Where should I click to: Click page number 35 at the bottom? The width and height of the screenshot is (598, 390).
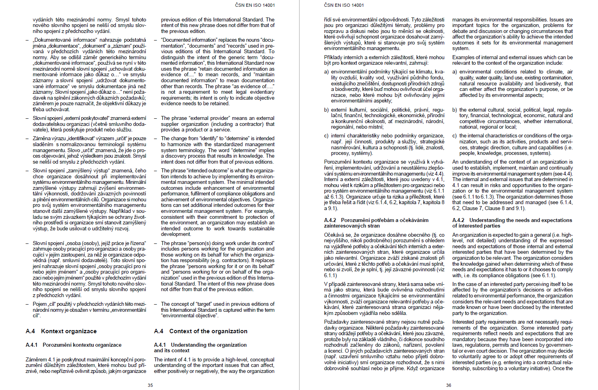[x=150, y=385]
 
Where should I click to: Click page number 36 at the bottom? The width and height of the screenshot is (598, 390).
[x=448, y=385]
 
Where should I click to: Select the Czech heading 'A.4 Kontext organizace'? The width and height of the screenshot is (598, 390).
[x=61, y=331]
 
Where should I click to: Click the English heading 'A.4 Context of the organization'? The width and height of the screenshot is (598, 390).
[x=201, y=331]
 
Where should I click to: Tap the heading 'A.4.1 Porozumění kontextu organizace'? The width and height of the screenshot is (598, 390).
[x=73, y=345]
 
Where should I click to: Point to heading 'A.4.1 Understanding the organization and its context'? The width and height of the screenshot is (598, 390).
[x=200, y=348]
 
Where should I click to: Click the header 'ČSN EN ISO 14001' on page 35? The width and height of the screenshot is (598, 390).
[x=255, y=5]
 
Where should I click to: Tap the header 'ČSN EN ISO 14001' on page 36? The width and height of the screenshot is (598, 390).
[x=344, y=5]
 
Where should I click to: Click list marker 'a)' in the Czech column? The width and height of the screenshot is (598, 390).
[x=326, y=72]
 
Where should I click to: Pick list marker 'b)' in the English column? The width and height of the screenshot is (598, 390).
[x=455, y=110]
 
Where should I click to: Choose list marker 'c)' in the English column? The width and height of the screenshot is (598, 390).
[x=455, y=136]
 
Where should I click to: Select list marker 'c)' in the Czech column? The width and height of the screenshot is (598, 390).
[x=326, y=136]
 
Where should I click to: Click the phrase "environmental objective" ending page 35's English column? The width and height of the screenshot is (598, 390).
[x=190, y=316]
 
